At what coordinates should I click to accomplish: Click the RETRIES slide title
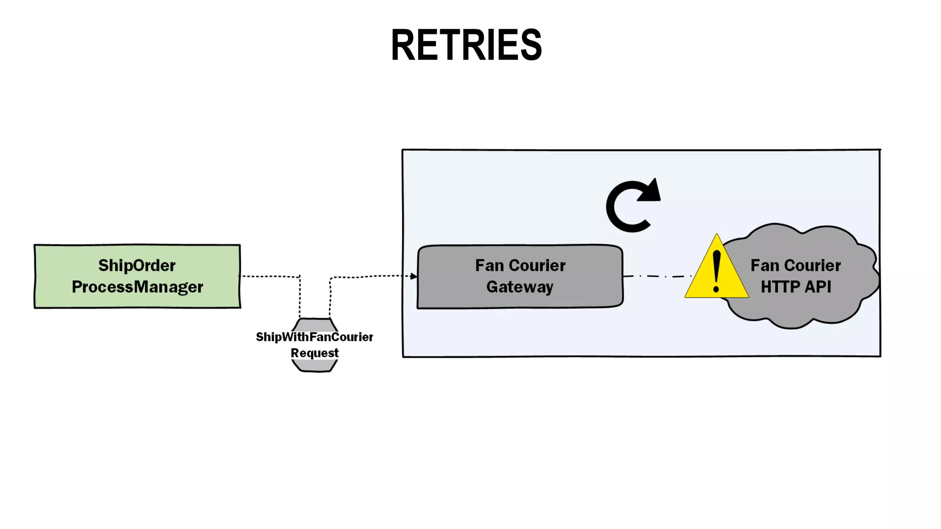466,45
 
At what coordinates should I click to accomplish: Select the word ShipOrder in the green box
136,265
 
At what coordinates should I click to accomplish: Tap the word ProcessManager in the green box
137,287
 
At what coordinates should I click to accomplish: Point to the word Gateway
520,287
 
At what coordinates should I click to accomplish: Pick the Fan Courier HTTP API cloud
799,312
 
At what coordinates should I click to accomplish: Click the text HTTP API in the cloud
796,287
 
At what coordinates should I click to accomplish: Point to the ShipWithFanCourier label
314,337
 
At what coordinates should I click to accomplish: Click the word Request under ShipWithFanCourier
315,353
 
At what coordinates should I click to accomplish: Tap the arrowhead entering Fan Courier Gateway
414,276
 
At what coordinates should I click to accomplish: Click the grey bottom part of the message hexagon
315,366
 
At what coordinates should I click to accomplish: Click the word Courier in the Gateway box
537,265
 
